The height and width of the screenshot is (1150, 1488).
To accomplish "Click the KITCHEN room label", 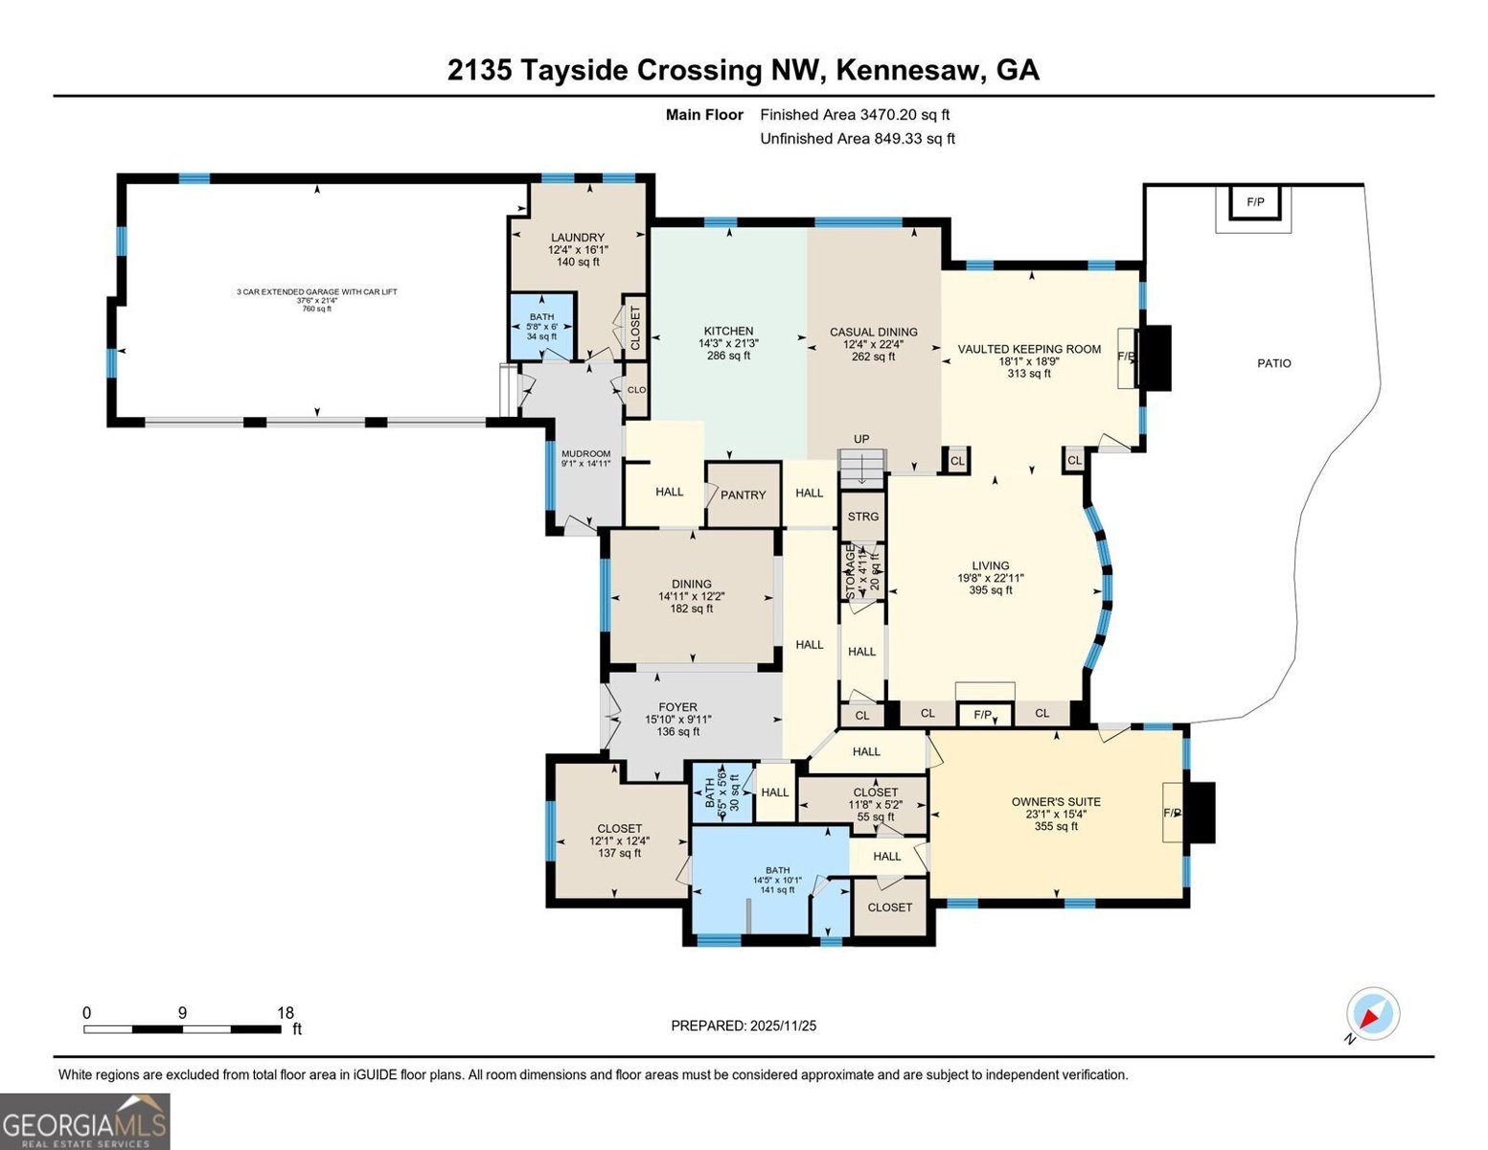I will (728, 332).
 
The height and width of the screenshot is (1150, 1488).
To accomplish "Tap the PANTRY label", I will (743, 495).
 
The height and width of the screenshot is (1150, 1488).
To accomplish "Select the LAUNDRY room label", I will (578, 238).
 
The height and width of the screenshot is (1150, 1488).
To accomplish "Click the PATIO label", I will (1273, 363).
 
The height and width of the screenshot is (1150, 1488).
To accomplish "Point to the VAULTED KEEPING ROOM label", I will (1029, 350).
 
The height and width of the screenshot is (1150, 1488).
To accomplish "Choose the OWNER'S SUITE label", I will (1056, 802).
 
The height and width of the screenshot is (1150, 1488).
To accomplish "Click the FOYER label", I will (677, 707).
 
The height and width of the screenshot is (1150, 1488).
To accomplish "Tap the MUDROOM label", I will (585, 454).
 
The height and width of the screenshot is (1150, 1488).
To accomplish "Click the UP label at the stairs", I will (861, 439).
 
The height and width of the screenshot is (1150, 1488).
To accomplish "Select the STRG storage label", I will (862, 517).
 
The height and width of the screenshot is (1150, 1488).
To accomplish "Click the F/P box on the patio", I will (1254, 202).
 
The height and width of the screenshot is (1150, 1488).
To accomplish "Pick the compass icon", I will (1372, 1015).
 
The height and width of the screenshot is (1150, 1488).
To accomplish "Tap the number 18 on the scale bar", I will (285, 1013).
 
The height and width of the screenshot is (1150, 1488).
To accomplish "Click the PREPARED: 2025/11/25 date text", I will (744, 1025).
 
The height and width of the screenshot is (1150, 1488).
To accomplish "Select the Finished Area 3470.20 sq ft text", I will (855, 115).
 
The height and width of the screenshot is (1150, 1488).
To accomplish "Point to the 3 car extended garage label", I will (317, 291).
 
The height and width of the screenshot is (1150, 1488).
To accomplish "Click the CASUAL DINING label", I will (873, 333).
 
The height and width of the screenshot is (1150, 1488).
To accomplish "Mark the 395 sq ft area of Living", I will (991, 590).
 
